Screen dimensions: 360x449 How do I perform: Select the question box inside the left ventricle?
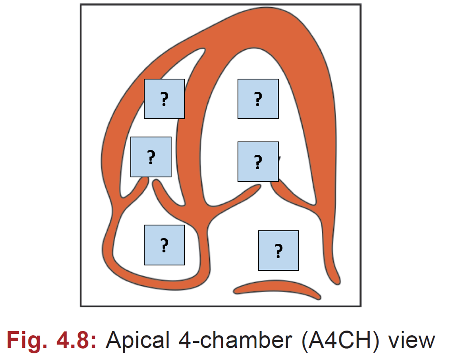[258, 99]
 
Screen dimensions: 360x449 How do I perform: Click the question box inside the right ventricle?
[164, 99]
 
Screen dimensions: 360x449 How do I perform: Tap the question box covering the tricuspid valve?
[151, 157]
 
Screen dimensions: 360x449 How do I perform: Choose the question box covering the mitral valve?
[258, 161]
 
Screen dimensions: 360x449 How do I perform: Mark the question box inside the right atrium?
[164, 245]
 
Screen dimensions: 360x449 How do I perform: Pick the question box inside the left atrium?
[278, 250]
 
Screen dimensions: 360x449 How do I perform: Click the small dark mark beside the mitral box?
[280, 159]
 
